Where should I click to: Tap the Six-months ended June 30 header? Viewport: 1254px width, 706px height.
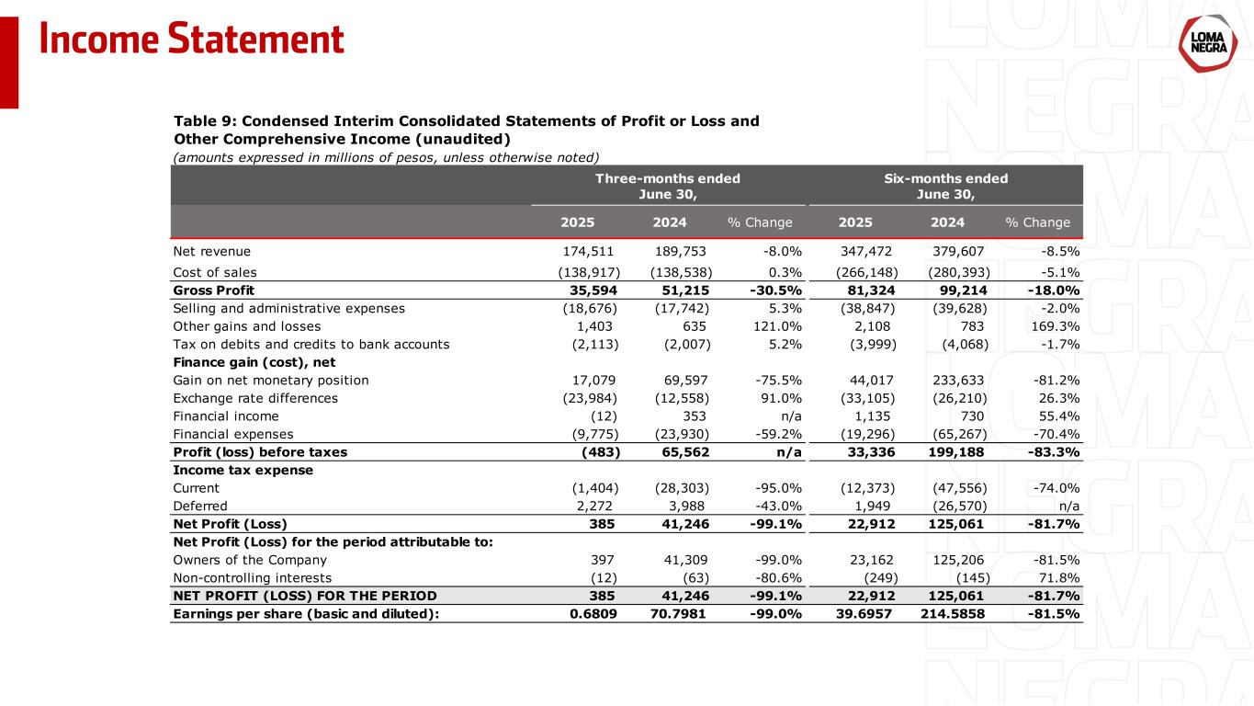click(x=945, y=186)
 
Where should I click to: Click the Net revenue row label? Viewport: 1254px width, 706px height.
click(x=211, y=251)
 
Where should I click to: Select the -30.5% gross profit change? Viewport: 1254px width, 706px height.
click(x=775, y=290)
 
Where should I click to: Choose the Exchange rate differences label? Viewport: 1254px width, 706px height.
click(x=255, y=398)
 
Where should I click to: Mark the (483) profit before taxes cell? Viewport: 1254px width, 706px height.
click(x=600, y=451)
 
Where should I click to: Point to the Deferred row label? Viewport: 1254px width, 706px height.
click(x=200, y=506)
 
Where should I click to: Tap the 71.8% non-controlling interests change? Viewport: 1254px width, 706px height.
click(x=1058, y=577)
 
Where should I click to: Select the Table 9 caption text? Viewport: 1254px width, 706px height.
click(x=466, y=130)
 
